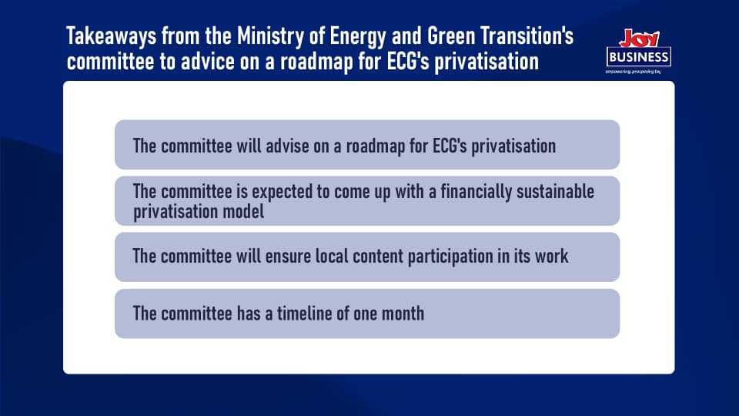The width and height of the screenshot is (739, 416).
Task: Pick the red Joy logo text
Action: tap(639, 39)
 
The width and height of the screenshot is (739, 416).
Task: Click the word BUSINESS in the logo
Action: tap(639, 58)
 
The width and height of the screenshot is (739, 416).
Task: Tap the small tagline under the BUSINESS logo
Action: tap(633, 72)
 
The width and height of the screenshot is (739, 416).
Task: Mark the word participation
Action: tap(450, 257)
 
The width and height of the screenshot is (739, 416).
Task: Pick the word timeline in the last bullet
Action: tap(304, 314)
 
